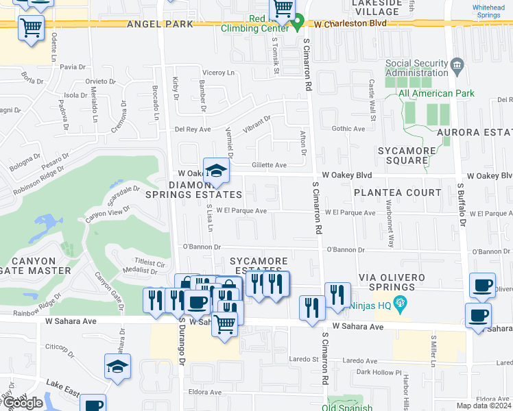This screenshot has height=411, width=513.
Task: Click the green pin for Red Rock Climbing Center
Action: [x=297, y=24]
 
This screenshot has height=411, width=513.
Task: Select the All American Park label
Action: [x=436, y=93]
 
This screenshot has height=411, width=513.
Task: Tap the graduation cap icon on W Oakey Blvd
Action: [x=216, y=171]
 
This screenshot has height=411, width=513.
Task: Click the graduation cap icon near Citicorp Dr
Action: [x=118, y=367]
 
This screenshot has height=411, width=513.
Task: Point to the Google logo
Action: [x=23, y=403]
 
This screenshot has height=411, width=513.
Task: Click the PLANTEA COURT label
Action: [x=398, y=192]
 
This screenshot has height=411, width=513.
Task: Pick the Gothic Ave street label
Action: [x=348, y=128]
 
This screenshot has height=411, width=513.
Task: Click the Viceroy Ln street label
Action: [x=217, y=72]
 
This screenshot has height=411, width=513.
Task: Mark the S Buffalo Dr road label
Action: [x=462, y=204]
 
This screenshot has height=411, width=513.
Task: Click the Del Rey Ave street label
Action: [x=193, y=129]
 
